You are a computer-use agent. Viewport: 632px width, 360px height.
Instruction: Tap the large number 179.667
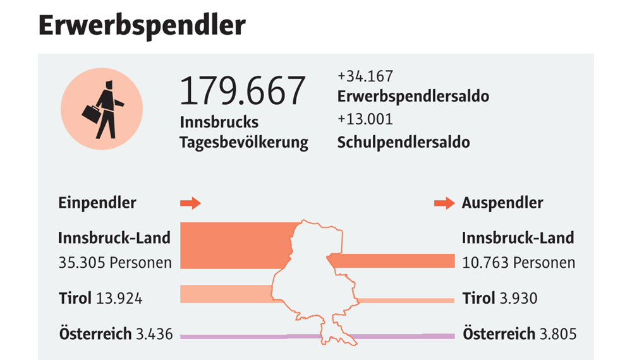(243, 90)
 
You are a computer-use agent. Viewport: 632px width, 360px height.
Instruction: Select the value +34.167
(365, 76)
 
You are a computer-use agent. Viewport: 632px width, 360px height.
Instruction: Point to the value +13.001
(365, 119)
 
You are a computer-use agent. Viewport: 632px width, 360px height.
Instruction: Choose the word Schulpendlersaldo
(404, 142)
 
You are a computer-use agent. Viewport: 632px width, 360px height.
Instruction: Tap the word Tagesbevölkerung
(244, 143)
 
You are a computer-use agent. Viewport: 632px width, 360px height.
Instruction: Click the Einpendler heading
(97, 203)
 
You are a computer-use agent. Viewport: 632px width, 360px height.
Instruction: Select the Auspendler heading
(502, 203)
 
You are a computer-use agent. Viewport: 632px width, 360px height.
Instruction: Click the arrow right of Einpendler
(190, 203)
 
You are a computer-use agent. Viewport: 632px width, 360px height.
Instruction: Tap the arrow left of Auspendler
(444, 203)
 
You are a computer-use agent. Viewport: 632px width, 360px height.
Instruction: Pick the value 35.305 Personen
(115, 262)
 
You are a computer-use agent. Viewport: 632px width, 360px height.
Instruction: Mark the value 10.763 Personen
(518, 262)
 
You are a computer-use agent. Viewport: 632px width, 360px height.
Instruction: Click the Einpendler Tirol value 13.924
(119, 298)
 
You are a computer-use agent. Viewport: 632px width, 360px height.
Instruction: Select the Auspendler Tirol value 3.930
(518, 298)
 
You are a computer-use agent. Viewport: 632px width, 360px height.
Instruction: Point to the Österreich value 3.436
(154, 333)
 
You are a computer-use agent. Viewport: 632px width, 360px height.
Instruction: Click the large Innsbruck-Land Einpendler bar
(234, 245)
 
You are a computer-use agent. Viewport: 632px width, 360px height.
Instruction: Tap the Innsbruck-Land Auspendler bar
(392, 261)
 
